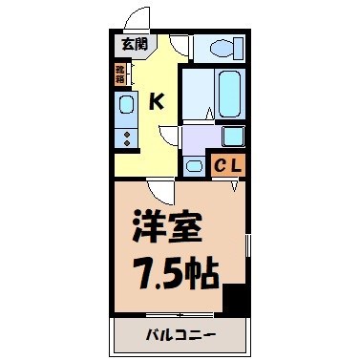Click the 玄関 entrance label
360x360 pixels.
pyautogui.click(x=134, y=44)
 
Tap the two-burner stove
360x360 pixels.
pyautogui.click(x=127, y=136)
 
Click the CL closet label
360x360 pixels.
pyautogui.click(x=228, y=164)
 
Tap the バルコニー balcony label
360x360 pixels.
pyautogui.click(x=180, y=335)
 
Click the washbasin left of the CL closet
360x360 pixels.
pyautogui.click(x=194, y=165)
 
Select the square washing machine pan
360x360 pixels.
pyautogui.click(x=233, y=136)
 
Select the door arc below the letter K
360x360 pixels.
pyautogui.click(x=168, y=133)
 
